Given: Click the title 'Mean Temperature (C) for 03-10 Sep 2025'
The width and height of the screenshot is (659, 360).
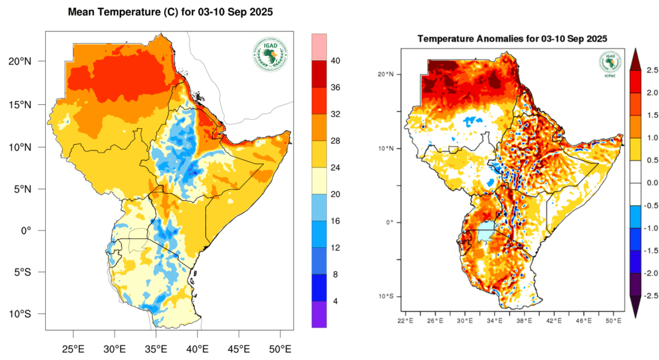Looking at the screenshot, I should click(x=171, y=13).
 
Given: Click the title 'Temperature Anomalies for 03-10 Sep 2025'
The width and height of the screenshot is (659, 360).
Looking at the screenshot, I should click(x=512, y=39).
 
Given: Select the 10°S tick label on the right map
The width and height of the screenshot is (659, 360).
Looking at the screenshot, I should click(x=386, y=296).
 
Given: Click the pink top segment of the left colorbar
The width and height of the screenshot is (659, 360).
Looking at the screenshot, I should click(x=319, y=47).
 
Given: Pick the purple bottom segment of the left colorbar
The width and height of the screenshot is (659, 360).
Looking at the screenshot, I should click(x=319, y=314).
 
